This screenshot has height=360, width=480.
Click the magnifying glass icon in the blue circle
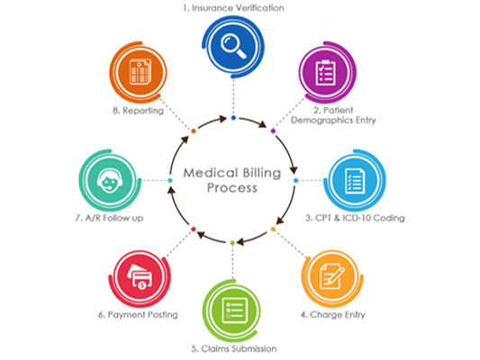click(233, 46)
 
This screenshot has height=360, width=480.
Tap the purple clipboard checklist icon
click(325, 73)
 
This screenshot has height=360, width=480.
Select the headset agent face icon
click(110, 181)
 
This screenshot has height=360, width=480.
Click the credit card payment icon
click(140, 277)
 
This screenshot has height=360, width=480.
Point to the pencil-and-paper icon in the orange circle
click(331, 276)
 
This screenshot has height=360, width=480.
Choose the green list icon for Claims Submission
click(234, 310)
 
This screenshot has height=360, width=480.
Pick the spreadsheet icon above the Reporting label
click(140, 72)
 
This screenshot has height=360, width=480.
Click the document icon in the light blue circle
click(355, 181)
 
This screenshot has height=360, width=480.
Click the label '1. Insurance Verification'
click(233, 8)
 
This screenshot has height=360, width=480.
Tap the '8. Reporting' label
click(138, 111)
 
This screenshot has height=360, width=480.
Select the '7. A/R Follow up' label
click(109, 218)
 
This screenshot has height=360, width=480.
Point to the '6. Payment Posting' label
click(138, 315)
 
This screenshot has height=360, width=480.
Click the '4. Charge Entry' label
click(332, 315)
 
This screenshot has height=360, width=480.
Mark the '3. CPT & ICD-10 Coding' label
click(355, 218)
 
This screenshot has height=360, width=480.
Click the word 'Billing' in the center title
click(262, 173)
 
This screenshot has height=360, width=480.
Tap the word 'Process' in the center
click(232, 188)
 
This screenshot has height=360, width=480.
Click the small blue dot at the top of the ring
click(233, 118)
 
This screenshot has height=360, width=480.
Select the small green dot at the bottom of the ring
click(232, 243)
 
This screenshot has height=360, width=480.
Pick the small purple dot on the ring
click(273, 131)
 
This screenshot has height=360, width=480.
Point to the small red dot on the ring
click(193, 229)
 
